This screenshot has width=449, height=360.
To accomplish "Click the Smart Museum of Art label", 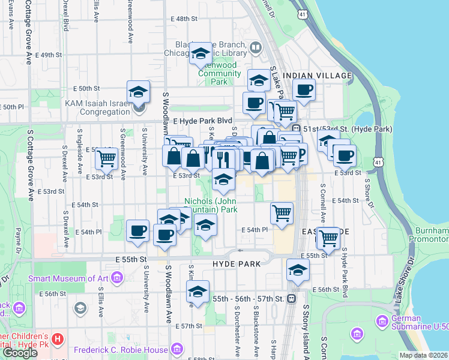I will point(68,278).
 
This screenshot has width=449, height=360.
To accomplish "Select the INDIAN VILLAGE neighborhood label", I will point(317,75).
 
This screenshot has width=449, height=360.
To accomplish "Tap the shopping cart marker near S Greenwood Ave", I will point(107,158).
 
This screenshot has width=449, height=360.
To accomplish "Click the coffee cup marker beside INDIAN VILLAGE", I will point(304,91).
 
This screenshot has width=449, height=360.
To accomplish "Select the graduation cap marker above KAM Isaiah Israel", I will point(139,92).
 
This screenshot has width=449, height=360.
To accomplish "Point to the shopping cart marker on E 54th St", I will point(282,212).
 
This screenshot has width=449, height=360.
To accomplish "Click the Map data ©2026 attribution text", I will point(423,355).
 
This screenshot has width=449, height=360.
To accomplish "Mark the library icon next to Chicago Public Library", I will point(256,47).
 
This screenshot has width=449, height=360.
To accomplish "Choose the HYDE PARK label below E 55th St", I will point(237,264).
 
